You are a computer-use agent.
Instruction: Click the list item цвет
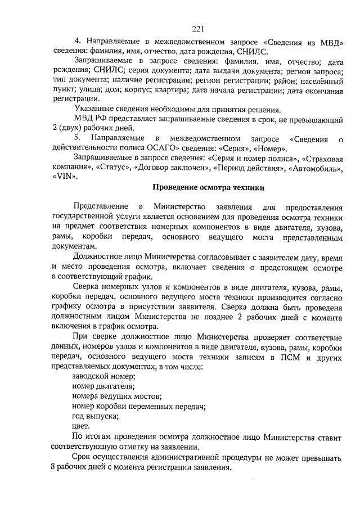[x=81, y=426]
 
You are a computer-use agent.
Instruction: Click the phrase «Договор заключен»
[x=172, y=167]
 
